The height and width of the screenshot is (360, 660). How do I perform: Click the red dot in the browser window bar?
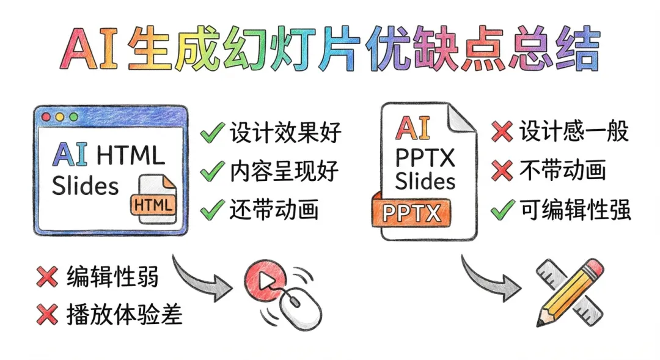46,116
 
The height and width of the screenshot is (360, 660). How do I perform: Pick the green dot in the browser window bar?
73,116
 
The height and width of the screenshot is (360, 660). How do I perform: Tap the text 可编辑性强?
575,210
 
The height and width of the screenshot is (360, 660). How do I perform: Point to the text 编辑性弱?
112,277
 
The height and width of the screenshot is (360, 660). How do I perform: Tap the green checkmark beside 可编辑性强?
502,210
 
